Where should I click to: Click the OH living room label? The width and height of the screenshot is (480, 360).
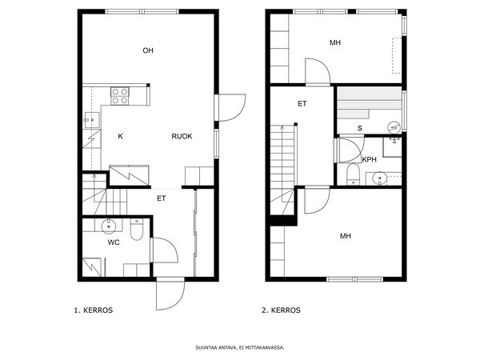148,50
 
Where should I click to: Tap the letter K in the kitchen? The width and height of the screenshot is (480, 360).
120,136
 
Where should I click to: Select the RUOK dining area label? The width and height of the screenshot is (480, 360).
182,136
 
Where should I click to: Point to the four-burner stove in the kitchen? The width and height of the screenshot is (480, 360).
120,96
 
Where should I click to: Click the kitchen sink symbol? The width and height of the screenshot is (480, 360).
89,122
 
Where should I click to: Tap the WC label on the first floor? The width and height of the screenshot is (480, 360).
114,241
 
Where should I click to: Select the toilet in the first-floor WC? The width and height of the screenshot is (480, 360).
136,230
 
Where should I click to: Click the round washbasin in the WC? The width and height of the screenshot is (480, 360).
110,225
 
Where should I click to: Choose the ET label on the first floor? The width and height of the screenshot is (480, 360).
161,198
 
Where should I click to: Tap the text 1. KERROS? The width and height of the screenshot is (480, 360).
93,310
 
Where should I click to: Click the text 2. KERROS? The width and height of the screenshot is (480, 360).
281,310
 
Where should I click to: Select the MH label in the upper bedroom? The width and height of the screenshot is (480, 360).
335,42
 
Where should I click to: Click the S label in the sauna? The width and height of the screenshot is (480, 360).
359,128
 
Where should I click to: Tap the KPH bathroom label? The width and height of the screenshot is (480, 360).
369,159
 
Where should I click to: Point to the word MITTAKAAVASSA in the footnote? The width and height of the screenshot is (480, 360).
265,348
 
